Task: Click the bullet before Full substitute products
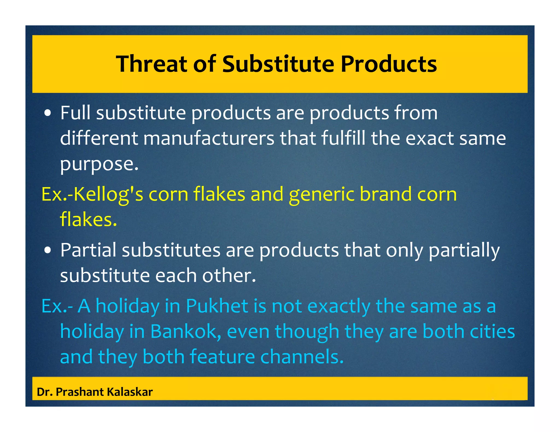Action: point(48,113)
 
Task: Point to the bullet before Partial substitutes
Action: point(48,250)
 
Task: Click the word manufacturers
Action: point(208,138)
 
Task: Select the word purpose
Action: point(99,164)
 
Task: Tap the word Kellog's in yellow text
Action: point(108,194)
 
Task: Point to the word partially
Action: point(464,251)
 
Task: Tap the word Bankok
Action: point(185,332)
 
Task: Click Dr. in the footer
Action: point(44,392)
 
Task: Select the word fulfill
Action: point(343,138)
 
